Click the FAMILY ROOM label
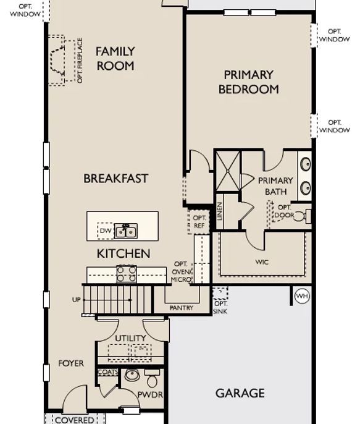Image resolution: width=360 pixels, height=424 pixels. (x=115, y=58)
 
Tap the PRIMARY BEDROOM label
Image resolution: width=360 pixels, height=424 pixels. (x=248, y=82)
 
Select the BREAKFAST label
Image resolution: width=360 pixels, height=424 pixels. (x=116, y=179)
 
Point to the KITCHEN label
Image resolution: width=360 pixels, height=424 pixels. (x=123, y=253)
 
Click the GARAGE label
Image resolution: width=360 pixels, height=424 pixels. (x=240, y=393)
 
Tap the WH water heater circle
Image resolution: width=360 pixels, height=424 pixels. (x=302, y=296)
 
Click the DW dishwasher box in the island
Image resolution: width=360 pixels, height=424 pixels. (x=106, y=231)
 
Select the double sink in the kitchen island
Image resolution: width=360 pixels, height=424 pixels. (x=125, y=231)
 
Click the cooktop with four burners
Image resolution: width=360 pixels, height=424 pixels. (x=127, y=274)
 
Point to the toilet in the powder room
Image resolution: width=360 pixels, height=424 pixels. (x=153, y=378)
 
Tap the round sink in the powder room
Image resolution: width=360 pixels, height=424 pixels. (x=132, y=375)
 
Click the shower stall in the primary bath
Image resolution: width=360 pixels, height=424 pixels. (x=228, y=171)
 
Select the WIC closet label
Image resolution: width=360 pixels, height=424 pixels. (x=262, y=262)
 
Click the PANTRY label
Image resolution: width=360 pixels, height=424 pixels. (x=182, y=308)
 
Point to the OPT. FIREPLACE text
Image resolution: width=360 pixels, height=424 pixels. (x=80, y=61)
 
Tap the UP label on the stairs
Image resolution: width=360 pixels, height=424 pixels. (x=77, y=300)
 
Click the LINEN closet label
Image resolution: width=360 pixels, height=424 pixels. (x=220, y=211)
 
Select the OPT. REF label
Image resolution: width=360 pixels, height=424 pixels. (x=199, y=221)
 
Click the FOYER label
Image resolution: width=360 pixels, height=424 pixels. (x=71, y=363)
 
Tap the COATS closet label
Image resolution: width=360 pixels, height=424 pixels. (x=108, y=372)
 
